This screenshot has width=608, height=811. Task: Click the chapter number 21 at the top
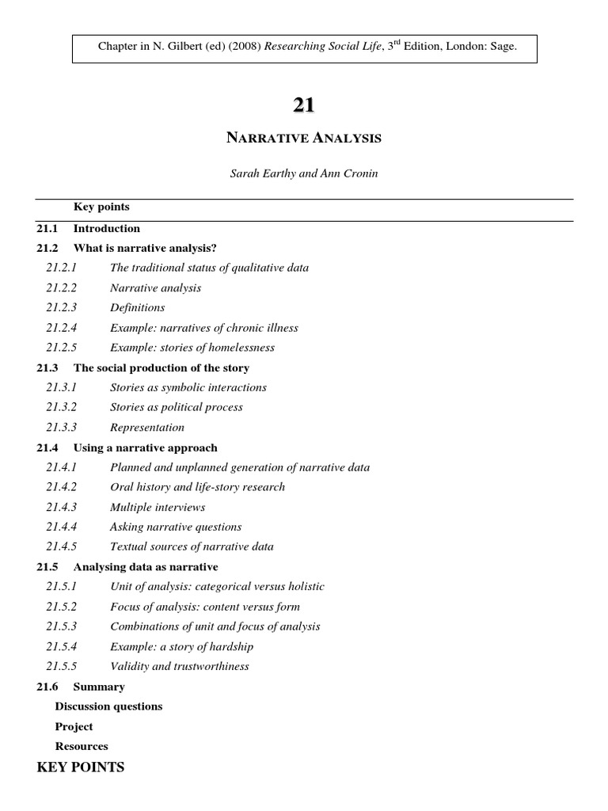[305, 105]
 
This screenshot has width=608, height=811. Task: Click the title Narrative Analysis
[304, 139]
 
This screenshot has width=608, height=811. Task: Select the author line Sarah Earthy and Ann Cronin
[304, 174]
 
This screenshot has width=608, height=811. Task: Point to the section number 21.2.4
[62, 328]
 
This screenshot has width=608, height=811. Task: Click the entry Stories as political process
[177, 407]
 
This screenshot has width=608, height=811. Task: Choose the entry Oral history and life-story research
[197, 487]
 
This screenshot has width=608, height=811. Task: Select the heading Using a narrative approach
[145, 447]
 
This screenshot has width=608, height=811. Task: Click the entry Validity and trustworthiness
[180, 667]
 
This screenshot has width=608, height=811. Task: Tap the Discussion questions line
[108, 706]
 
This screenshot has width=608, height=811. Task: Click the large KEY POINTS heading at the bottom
[81, 767]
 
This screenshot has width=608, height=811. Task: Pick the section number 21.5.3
[62, 626]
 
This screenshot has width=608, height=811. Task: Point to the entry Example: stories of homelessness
[192, 348]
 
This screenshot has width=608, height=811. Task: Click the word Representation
[147, 428]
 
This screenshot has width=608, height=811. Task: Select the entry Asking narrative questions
[176, 527]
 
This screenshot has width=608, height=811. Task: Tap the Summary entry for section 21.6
[99, 687]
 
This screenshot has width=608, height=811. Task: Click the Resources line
[82, 746]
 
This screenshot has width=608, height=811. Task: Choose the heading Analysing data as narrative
[146, 567]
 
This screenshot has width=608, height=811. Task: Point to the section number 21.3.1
[62, 387]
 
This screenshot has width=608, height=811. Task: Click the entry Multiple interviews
[158, 507]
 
